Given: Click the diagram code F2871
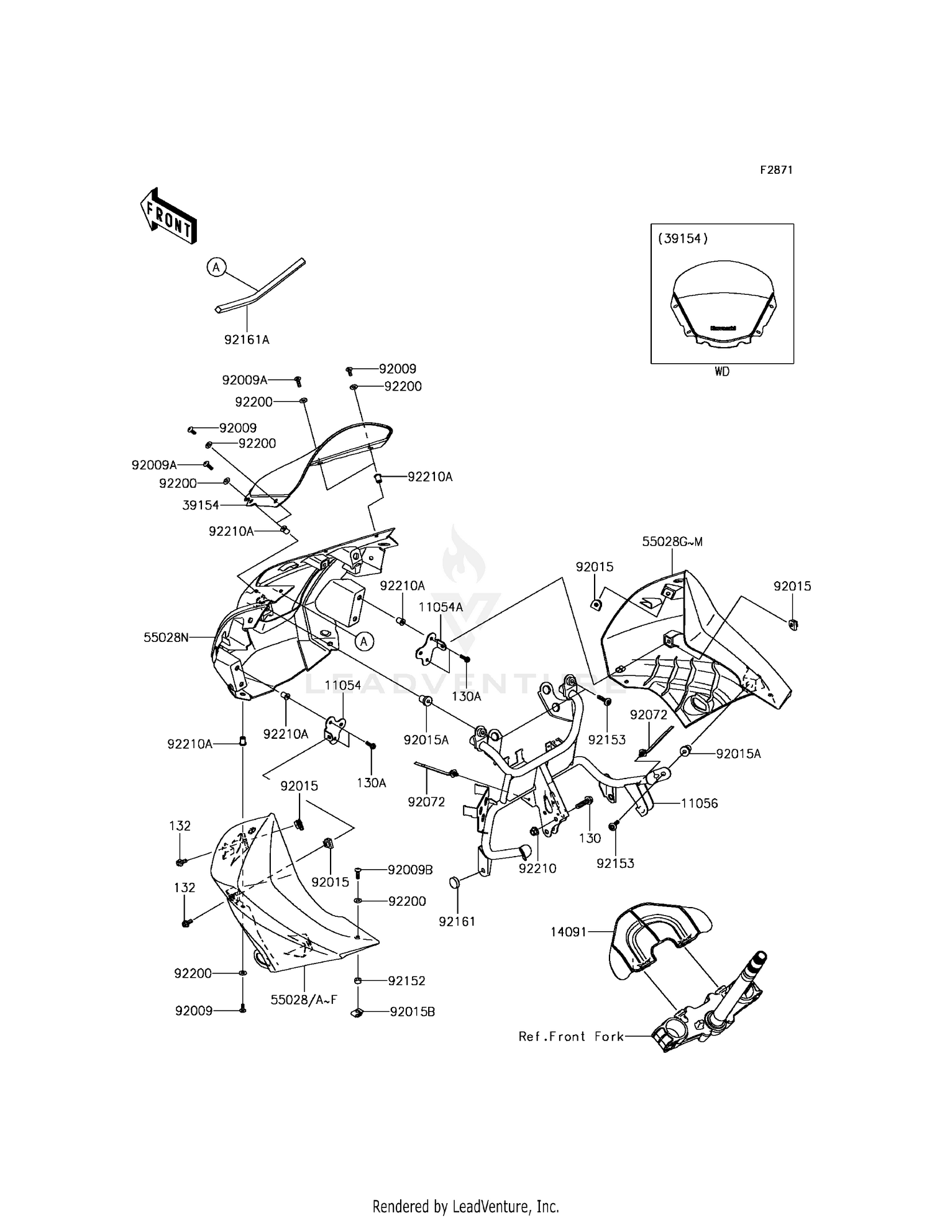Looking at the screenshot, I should pos(777,170).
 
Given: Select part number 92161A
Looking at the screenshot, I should pos(247,340).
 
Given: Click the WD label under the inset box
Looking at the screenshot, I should pos(722,372).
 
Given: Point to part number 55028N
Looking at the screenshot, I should pos(166,637).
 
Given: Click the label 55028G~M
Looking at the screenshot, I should pos(672,541).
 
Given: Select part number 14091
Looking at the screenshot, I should pos(569,932).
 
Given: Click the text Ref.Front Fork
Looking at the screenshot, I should pos(571,1036).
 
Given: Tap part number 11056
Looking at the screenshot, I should pos(699,803).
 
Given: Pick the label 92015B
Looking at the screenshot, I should pos(412,1012).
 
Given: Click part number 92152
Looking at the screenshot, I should pos(406,981).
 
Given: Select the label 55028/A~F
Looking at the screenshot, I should pos(304,999).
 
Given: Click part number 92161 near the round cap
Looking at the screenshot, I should pos(457,921).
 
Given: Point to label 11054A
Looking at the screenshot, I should pos(441,607).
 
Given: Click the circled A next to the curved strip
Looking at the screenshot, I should pos(216,268).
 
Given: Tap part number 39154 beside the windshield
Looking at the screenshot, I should pos(201,505).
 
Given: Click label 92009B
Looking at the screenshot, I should pos(410,870).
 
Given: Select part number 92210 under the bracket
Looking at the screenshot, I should pos(537,868).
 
